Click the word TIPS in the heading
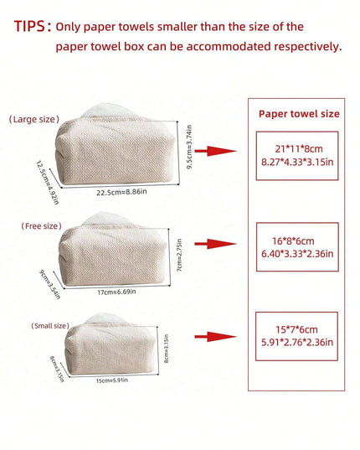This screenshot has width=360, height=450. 29,26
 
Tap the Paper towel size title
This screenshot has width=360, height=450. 299,114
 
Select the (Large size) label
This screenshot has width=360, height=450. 34,119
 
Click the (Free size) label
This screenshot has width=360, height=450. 42,226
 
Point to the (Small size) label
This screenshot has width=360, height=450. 50,326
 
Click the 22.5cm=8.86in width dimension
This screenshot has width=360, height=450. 121,192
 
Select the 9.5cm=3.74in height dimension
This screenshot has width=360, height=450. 189,147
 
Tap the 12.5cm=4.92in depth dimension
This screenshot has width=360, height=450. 48,182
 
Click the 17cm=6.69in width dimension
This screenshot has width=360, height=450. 116,292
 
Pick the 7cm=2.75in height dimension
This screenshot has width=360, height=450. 179,255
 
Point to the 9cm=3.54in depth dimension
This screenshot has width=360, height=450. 50,284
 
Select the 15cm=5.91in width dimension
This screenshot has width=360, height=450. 112,380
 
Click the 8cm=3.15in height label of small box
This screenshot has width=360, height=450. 167,349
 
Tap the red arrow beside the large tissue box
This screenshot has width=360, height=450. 215,151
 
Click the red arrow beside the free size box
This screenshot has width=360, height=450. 215,244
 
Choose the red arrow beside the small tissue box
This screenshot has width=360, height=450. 215,337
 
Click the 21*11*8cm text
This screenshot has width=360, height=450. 299,149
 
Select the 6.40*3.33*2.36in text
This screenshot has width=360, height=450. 297,254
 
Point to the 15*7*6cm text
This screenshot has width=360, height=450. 296,329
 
